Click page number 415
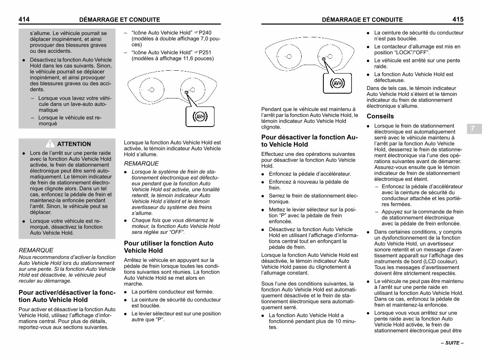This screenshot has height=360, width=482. click(x=458, y=19)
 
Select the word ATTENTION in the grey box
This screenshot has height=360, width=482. click(x=74, y=144)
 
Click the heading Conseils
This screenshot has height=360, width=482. click(x=380, y=117)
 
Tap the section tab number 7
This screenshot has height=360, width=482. click(x=473, y=128)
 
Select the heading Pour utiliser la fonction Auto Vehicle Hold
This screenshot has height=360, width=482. click(x=169, y=247)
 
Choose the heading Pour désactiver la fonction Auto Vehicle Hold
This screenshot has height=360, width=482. click(x=309, y=141)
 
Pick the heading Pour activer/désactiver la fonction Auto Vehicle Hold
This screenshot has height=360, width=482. click(x=67, y=296)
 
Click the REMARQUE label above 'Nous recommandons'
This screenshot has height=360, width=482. click(x=36, y=250)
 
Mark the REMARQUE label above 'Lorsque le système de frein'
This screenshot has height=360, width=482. click(x=141, y=164)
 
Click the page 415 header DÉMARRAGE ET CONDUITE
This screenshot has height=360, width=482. click(x=362, y=19)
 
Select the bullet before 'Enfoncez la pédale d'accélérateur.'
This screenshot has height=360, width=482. click(x=263, y=174)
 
